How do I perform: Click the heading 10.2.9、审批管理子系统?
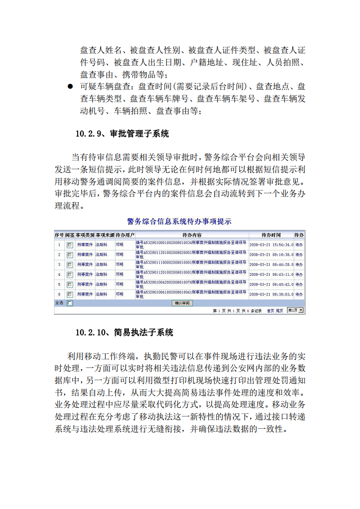(x=122, y=134)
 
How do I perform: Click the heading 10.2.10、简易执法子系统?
(x=124, y=333)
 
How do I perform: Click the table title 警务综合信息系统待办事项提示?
(x=179, y=222)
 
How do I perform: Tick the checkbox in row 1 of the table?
(x=69, y=245)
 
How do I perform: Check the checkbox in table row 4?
(x=69, y=274)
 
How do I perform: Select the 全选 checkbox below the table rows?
(x=69, y=303)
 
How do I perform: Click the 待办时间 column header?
(x=271, y=235)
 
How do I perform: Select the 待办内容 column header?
(x=192, y=235)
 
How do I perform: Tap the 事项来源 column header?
(x=104, y=235)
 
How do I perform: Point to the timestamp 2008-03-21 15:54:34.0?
(x=271, y=245)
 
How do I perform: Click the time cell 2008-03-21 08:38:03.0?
(x=271, y=294)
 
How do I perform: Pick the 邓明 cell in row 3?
(x=119, y=264)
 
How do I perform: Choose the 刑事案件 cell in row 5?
(x=84, y=284)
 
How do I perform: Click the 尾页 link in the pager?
(x=280, y=311)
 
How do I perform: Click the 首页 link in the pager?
(x=270, y=311)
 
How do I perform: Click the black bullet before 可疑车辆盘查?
(x=70, y=87)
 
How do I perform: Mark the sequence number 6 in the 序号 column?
(x=59, y=294)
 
